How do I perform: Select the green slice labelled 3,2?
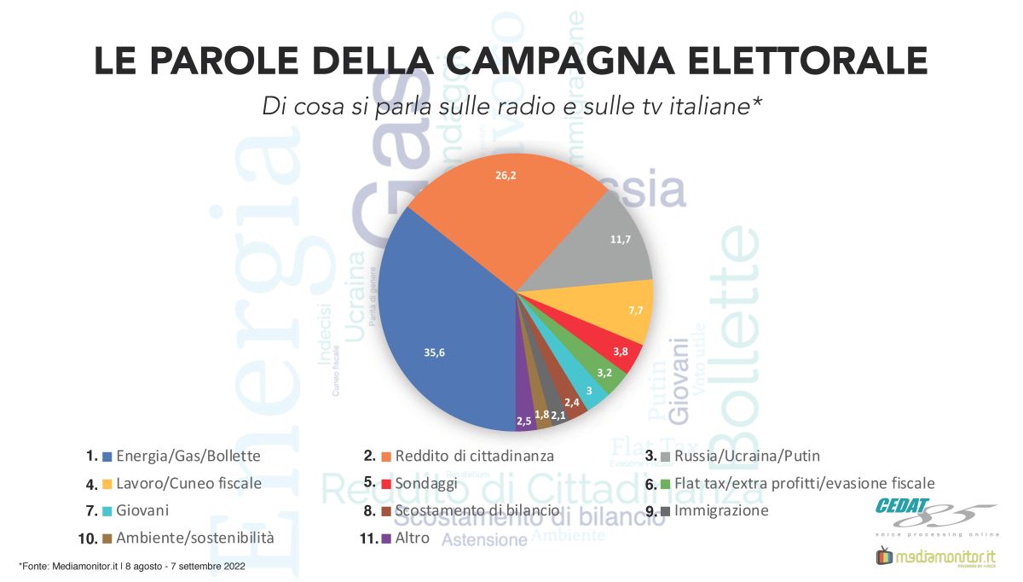point(601,372)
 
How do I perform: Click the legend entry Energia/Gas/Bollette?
point(188,456)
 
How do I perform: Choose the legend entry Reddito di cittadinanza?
point(473,456)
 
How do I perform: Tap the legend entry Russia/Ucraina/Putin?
point(746,456)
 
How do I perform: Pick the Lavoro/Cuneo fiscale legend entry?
point(188,484)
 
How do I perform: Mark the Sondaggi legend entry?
point(425,484)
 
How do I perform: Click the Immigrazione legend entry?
point(720,511)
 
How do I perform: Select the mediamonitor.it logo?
point(934,557)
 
